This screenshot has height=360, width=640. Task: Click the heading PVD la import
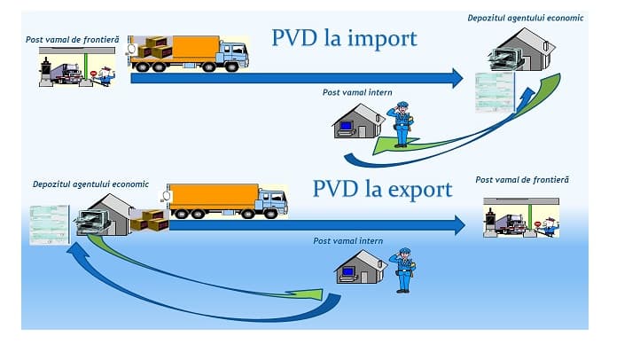point(344,39)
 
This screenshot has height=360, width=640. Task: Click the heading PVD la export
point(382,189)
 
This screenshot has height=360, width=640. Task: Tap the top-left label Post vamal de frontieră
point(72,40)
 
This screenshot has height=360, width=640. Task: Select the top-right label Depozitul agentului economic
point(526,18)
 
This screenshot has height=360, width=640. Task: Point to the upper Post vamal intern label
point(357,91)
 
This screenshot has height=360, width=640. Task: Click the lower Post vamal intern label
point(347,240)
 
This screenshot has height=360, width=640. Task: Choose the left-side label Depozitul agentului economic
point(90,184)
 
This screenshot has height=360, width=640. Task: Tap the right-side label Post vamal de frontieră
point(522,180)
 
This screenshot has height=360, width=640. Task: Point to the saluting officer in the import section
point(402,123)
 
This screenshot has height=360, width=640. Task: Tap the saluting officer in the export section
point(403,270)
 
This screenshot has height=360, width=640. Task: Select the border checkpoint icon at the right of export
point(521,218)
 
